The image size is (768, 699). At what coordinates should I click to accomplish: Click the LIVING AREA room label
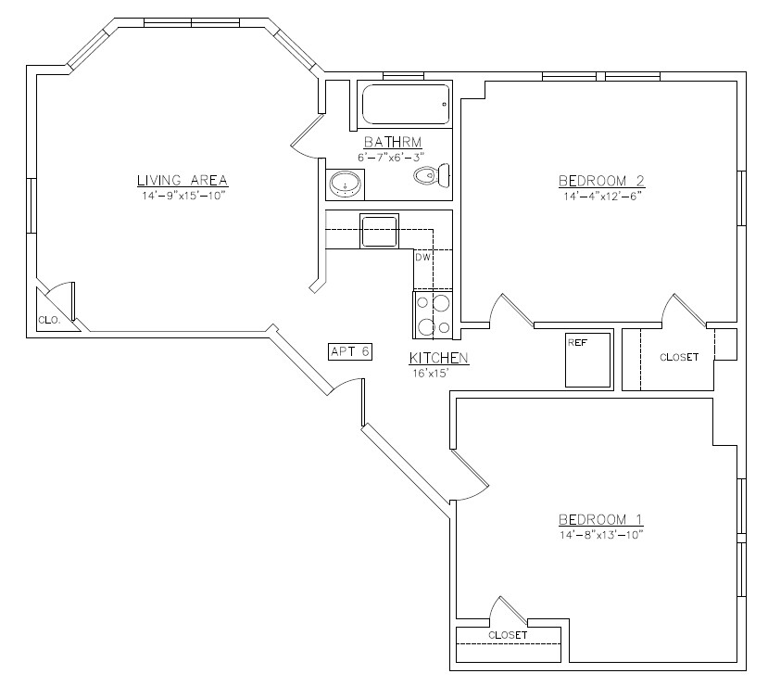(x=183, y=180)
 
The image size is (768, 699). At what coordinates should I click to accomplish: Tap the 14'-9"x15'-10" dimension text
(x=183, y=196)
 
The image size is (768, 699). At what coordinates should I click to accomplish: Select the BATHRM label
(x=393, y=142)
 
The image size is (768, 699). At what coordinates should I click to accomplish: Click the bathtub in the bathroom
(x=405, y=105)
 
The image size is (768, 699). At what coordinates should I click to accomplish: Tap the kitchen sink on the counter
(x=379, y=230)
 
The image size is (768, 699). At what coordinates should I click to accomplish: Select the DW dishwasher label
(x=422, y=258)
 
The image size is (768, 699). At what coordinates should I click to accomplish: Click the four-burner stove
(x=432, y=314)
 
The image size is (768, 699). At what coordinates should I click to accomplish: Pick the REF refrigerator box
(x=588, y=359)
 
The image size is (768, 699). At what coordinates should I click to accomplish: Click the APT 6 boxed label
(x=350, y=350)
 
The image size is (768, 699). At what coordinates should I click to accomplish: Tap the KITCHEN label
(x=438, y=358)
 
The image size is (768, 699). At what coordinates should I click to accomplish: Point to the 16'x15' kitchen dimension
(x=431, y=373)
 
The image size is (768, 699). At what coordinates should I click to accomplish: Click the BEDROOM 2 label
(x=601, y=180)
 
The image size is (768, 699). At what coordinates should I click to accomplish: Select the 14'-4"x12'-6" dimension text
(x=601, y=196)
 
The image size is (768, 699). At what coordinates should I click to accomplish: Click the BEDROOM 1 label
(x=600, y=519)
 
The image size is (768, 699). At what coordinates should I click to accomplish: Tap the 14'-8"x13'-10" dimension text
(x=600, y=535)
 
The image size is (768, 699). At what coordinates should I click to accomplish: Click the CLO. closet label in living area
(x=48, y=320)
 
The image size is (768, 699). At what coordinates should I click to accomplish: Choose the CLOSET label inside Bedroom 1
(x=508, y=635)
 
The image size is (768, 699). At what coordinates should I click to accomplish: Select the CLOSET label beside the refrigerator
(x=679, y=357)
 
